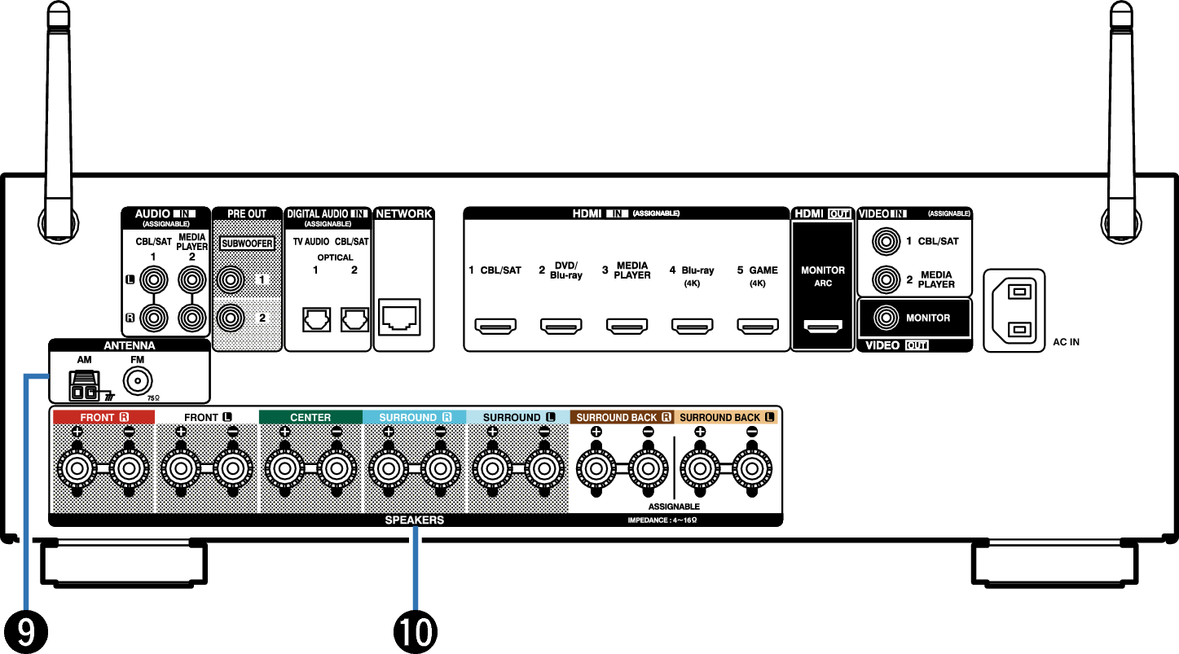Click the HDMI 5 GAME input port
[x=757, y=327]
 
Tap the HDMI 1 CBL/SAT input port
[x=495, y=327]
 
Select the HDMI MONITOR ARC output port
[x=823, y=327]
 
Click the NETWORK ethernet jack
[x=400, y=318]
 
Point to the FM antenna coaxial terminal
[x=138, y=381]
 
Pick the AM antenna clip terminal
[x=83, y=385]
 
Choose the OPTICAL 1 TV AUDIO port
[x=315, y=319]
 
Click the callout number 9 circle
[x=24, y=631]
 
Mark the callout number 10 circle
[x=416, y=631]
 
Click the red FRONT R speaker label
[x=103, y=417]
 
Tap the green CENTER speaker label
[x=310, y=417]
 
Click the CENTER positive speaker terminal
[x=284, y=469]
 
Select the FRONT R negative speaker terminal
[x=129, y=469]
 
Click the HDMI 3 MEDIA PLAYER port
[x=627, y=327]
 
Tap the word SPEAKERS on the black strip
[x=415, y=520]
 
